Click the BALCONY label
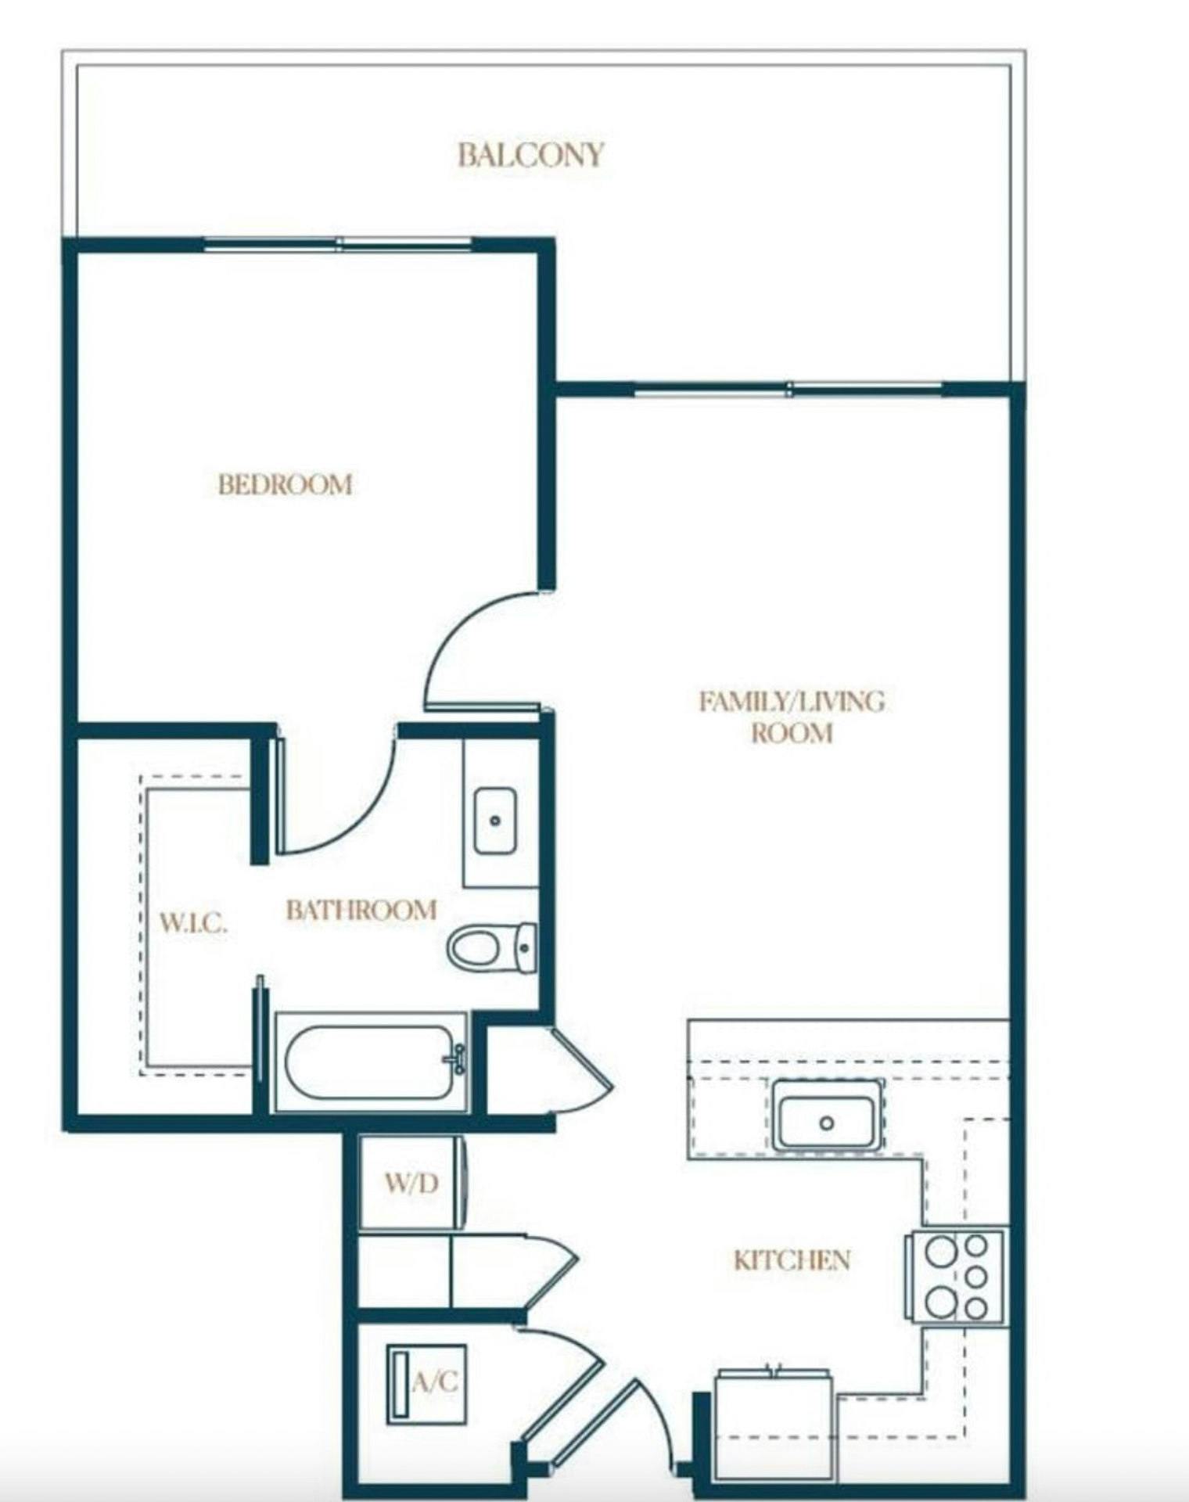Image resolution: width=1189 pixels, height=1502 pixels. [531, 154]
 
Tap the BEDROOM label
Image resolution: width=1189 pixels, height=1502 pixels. [286, 484]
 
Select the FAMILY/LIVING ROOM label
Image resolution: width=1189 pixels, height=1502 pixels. [792, 717]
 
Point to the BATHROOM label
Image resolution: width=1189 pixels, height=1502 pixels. [361, 910]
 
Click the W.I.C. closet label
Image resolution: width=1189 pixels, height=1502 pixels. [193, 922]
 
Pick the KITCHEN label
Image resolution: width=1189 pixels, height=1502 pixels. [792, 1259]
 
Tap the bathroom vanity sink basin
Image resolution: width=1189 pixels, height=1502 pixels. [495, 821]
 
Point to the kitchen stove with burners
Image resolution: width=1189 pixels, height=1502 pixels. [956, 1277]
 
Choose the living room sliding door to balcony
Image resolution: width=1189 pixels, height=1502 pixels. [788, 389]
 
